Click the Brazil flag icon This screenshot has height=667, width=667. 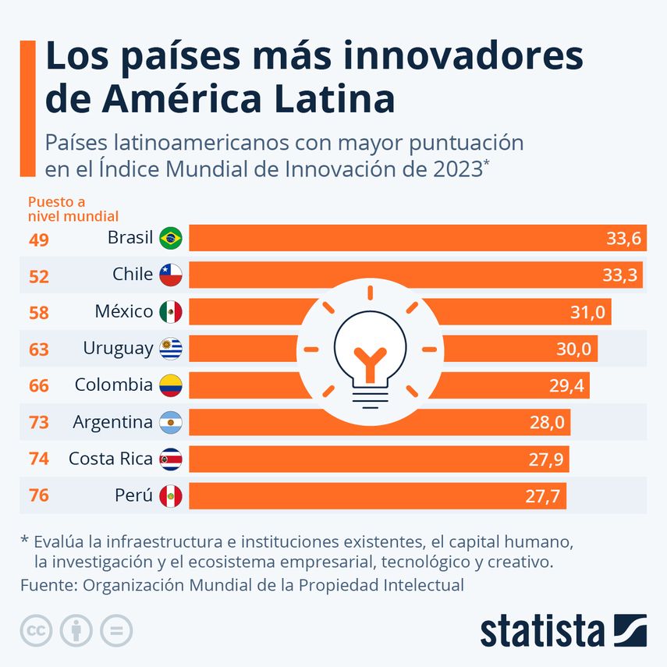point(170,238)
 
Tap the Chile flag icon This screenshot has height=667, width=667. point(170,275)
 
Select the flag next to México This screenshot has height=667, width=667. point(170,312)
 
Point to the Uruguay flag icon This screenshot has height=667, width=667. point(170,349)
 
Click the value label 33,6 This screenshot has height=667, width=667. point(623,239)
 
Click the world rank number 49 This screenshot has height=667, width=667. point(38,239)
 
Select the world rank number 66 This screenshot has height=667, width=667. point(38,386)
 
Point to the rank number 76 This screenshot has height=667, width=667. point(38,496)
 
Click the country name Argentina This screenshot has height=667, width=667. point(112,422)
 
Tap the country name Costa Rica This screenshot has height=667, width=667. point(110,459)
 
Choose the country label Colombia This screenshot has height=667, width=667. point(113,385)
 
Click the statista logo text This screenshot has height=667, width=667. point(542,630)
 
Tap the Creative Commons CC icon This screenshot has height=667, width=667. point(36,630)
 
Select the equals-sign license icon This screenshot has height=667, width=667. point(116,630)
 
